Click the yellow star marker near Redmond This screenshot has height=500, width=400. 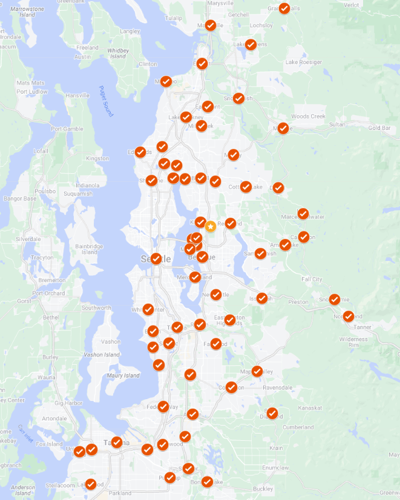coord(210,226)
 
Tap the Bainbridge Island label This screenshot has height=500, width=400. coord(90,249)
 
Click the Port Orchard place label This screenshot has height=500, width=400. coord(48,293)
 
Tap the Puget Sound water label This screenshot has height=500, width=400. coord(105,101)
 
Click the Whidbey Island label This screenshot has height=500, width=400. coord(118,53)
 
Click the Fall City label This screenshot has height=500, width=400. coord(312,280)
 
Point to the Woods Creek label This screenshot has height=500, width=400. coord(309,117)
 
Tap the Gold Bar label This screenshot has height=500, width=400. coord(379,128)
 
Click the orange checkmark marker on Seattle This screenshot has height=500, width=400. coord(156,258)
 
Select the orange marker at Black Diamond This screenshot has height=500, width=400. coord(272,413)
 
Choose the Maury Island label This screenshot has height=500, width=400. coord(123,376)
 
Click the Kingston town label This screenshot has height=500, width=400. coord(98,158)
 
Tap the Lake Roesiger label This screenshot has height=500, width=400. coord(303,62)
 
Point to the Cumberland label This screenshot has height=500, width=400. coord(298,428)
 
